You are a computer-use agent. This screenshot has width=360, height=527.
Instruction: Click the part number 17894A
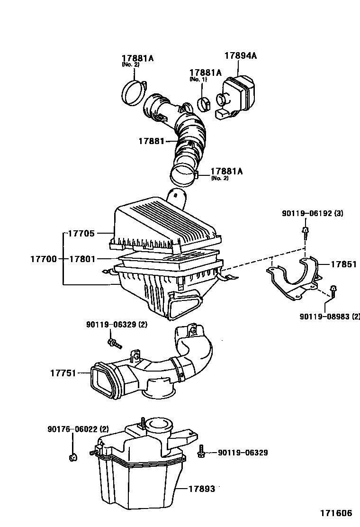point(240,55)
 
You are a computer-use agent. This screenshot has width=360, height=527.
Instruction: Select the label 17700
point(44,259)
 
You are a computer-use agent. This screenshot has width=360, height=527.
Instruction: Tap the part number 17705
point(81,233)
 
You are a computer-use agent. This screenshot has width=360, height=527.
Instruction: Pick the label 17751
point(63,373)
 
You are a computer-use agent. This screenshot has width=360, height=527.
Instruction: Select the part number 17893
point(202,489)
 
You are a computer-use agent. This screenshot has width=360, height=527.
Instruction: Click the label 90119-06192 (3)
point(312,214)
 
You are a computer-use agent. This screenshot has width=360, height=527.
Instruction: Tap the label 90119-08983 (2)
point(329,317)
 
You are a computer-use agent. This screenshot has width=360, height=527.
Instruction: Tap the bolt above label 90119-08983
point(333,290)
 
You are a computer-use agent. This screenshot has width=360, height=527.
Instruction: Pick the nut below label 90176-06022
point(72,457)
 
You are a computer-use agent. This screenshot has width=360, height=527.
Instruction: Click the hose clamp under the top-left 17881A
point(134,91)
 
